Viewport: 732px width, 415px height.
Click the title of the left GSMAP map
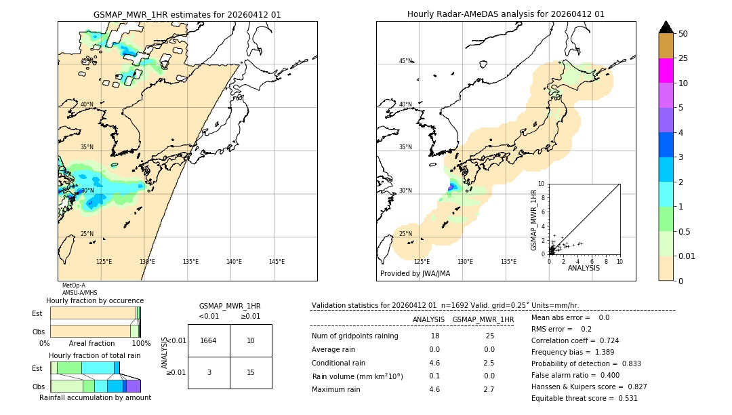pos(187,14)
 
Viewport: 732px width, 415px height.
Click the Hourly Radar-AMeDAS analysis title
pos(506,14)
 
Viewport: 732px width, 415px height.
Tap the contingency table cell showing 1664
pos(209,340)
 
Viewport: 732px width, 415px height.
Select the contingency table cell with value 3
pos(209,372)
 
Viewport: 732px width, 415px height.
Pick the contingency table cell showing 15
pos(251,372)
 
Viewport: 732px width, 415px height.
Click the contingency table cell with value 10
pos(251,340)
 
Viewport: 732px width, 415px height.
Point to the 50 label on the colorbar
pos(683,34)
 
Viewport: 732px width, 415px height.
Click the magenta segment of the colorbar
pos(666,71)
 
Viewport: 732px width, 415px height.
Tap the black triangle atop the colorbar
pos(666,27)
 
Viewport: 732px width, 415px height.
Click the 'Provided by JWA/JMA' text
pos(415,274)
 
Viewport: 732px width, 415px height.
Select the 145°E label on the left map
pos(277,262)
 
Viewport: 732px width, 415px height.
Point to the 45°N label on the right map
pos(405,61)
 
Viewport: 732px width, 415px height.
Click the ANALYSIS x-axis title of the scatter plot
pos(584,268)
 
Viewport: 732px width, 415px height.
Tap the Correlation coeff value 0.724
pos(604,341)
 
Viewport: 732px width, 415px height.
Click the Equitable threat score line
pos(584,398)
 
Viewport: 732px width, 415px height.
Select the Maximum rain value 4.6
pos(434,389)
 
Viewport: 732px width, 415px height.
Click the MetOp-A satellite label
pos(73,285)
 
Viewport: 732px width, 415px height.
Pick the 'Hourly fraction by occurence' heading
pos(95,300)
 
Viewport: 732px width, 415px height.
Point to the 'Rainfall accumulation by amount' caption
pos(95,397)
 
